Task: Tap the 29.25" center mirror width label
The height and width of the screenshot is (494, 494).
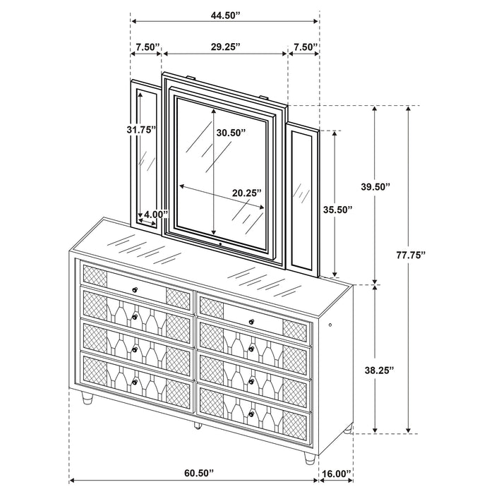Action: coord(225,47)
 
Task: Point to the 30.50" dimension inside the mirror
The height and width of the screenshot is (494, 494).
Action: coord(231,132)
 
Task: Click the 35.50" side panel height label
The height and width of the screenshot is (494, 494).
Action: coord(337,210)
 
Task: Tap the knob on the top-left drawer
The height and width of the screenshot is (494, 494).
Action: coord(135,290)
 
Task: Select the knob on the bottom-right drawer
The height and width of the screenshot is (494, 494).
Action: coord(250,413)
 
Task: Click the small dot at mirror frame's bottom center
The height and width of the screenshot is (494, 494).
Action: coord(219,245)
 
